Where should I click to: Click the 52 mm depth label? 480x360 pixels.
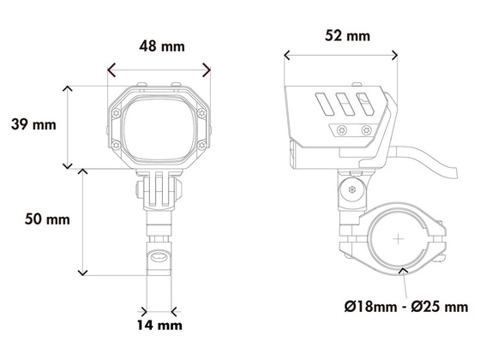coord(347,35)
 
